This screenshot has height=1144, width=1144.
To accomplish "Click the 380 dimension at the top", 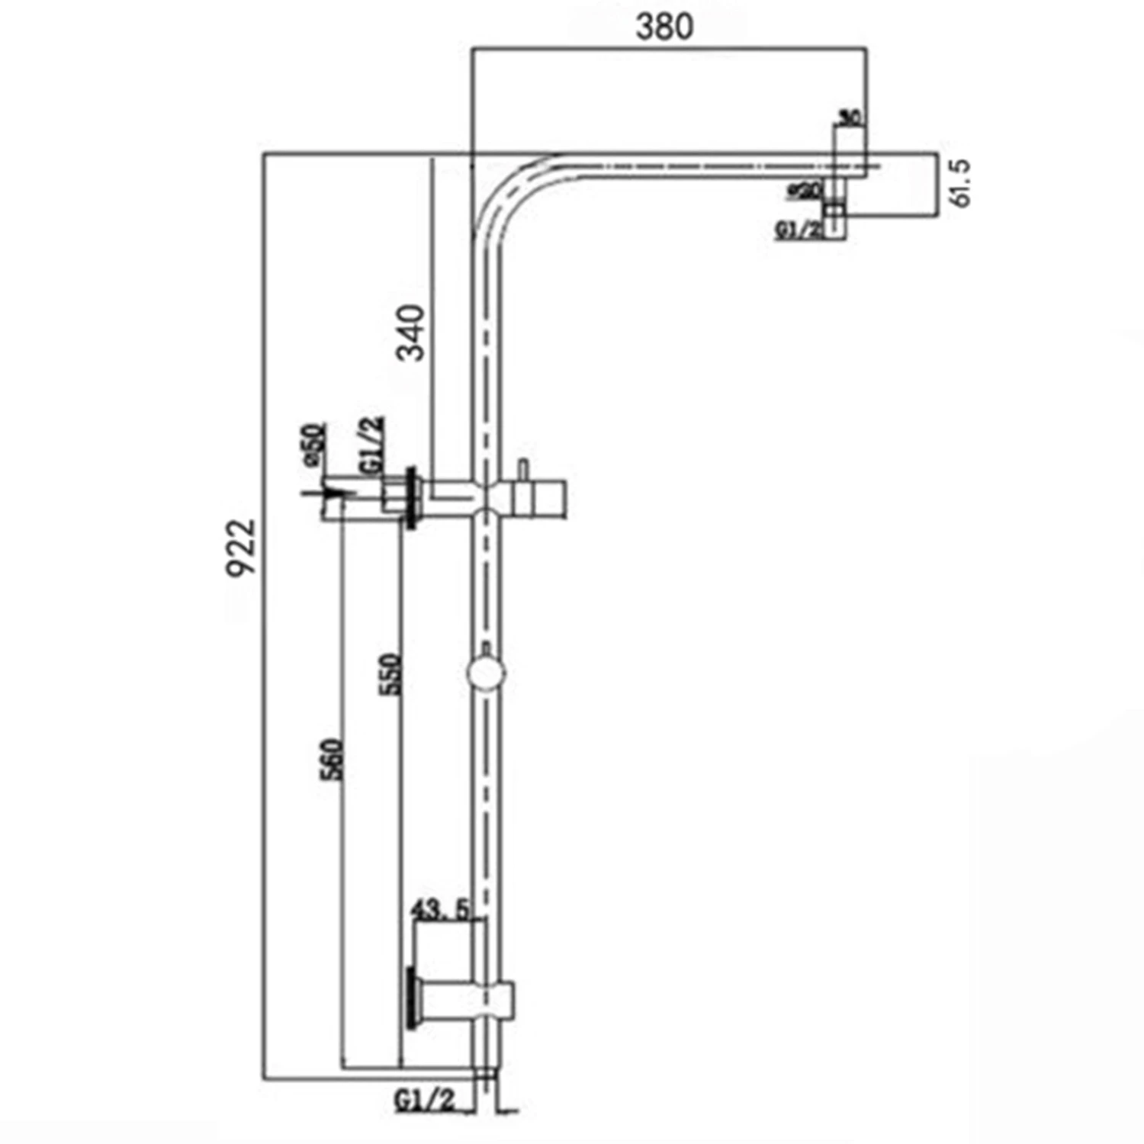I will coord(664,27).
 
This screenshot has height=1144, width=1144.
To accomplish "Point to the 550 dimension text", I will coord(390,673).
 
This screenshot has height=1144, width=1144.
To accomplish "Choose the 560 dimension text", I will coord(333,759).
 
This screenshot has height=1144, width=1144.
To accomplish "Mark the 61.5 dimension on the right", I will coord(961,183).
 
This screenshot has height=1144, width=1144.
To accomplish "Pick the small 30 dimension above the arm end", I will coord(850,117).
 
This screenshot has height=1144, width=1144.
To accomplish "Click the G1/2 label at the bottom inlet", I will coord(425,1100).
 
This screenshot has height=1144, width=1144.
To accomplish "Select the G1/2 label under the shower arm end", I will coord(799,230).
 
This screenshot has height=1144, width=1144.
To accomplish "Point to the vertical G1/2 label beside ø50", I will coord(373,445).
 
